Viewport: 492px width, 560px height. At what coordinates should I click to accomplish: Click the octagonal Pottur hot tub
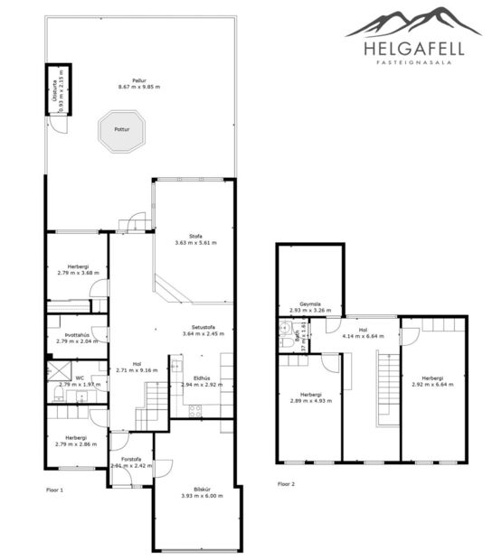coord(122,129)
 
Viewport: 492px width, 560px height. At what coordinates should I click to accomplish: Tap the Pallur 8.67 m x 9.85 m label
coord(138,84)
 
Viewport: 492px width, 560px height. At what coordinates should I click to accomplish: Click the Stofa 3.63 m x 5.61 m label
coord(195,239)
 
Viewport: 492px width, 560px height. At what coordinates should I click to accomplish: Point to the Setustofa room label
coord(202,331)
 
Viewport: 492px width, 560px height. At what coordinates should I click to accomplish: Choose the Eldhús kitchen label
coord(202,382)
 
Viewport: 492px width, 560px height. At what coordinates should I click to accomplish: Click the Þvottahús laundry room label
coord(76,339)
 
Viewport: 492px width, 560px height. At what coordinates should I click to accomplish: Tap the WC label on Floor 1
coord(80,381)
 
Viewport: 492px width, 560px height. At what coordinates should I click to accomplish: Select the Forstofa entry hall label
coord(131,462)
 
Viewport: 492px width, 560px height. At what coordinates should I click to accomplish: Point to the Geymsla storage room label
coord(312,307)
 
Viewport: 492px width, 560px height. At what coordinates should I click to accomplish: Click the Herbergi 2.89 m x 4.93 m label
coord(311,397)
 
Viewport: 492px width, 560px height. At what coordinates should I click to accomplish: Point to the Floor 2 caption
coord(287,484)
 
